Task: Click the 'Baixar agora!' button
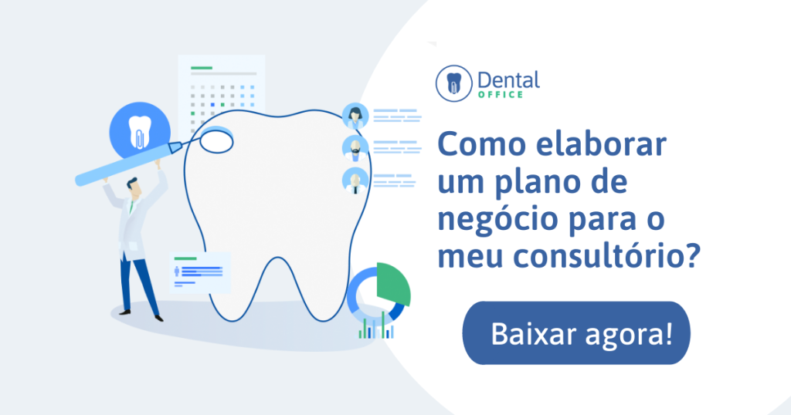click(x=576, y=333)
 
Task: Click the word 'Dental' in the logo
click(x=508, y=80)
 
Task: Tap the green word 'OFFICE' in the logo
click(x=501, y=95)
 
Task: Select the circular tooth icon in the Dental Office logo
click(x=454, y=83)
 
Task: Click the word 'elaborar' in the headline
click(x=601, y=143)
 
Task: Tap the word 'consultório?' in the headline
click(x=607, y=255)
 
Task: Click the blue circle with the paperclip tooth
click(x=140, y=133)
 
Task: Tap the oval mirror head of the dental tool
click(x=216, y=140)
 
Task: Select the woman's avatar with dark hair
click(x=355, y=116)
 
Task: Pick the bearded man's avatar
click(x=355, y=149)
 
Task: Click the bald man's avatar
click(x=355, y=181)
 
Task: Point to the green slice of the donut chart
click(x=392, y=283)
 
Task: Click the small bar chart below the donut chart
click(x=376, y=327)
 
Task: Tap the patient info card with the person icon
click(x=200, y=272)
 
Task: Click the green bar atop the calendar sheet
click(x=202, y=67)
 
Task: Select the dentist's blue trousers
click(x=139, y=285)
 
